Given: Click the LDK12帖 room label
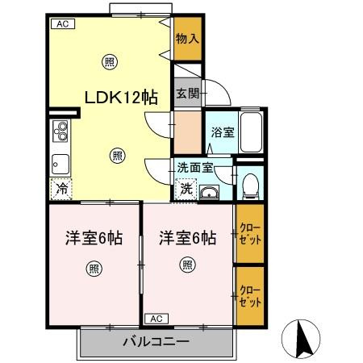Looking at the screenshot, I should (121, 97).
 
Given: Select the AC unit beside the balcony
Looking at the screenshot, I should (156, 318).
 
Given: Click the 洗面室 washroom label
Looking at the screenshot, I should (195, 168).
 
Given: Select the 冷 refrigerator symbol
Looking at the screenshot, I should (61, 190).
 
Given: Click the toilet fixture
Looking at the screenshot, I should (249, 185).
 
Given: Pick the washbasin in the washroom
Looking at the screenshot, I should (211, 192).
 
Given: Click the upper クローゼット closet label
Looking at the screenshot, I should (250, 235).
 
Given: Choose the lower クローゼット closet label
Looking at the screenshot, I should (250, 295).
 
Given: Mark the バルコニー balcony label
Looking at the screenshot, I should (156, 341).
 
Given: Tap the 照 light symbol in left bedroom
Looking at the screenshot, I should (94, 269).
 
